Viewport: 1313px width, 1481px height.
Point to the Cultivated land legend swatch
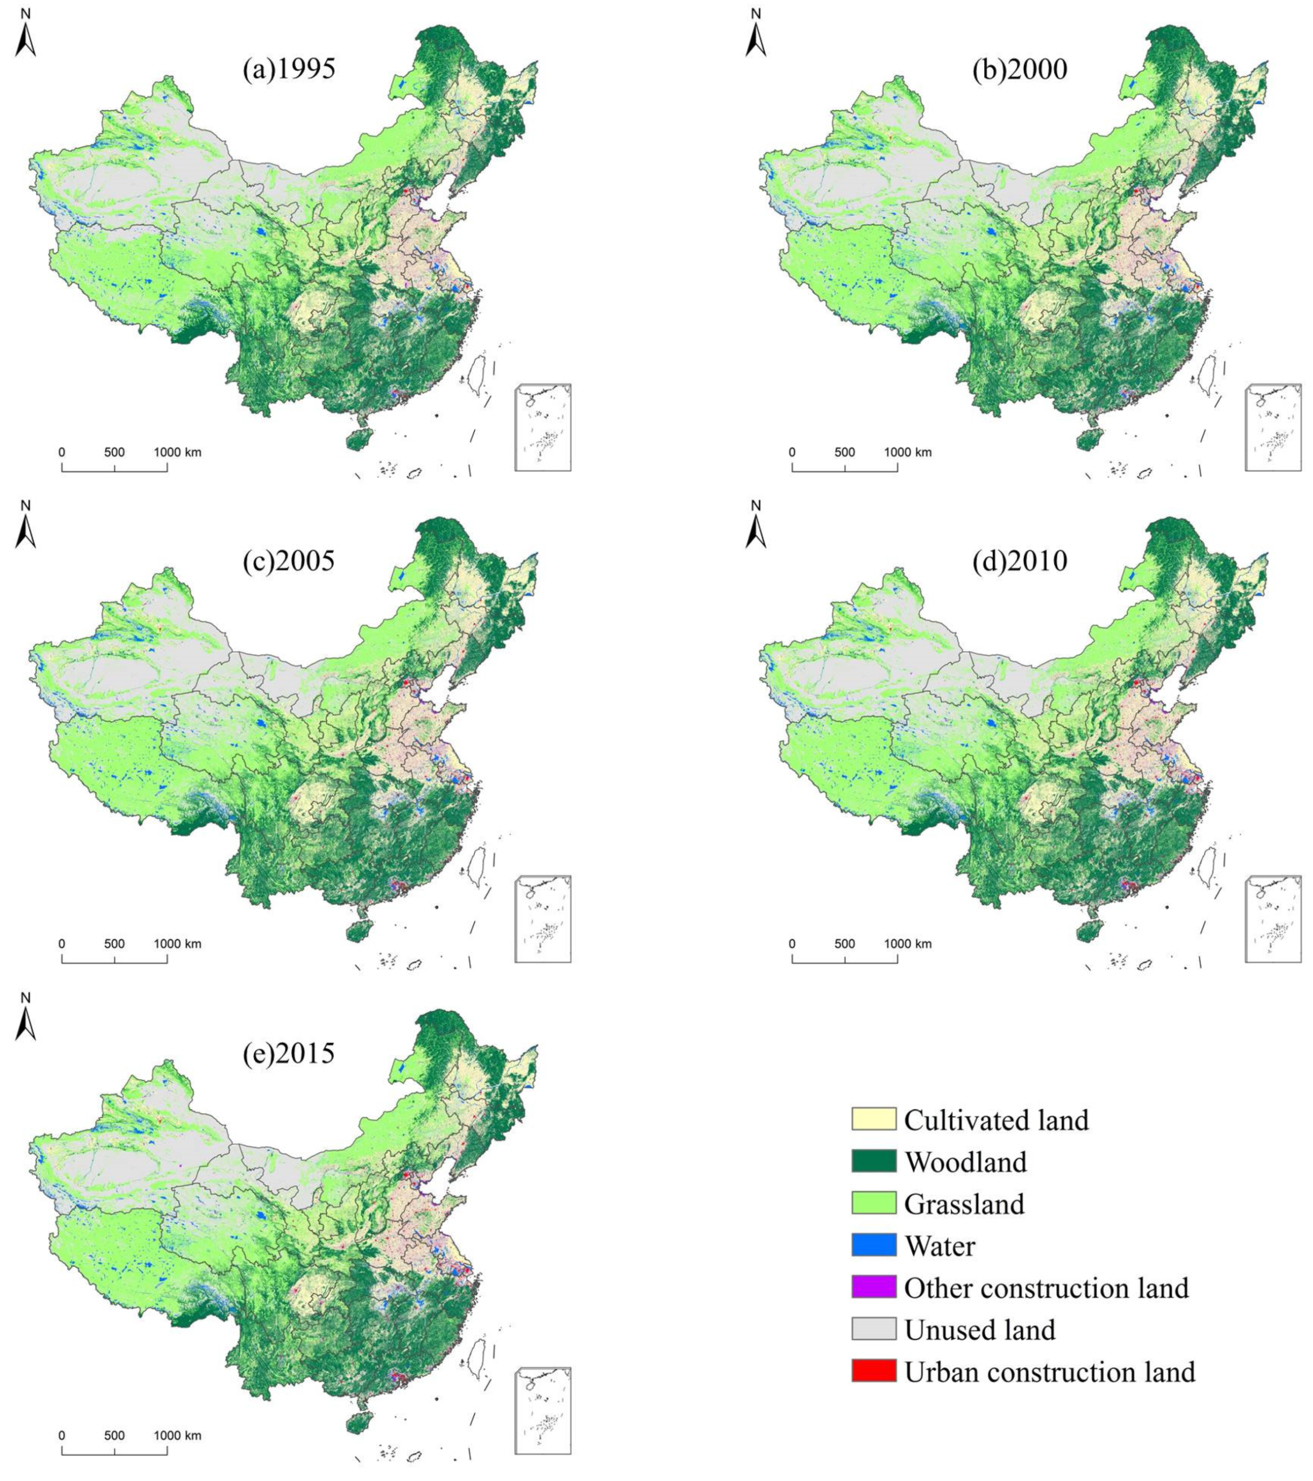(x=873, y=1120)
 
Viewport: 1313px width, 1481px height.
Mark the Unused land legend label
(x=980, y=1329)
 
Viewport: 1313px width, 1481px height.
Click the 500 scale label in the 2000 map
(x=844, y=452)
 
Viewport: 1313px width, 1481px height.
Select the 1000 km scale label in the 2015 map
(x=177, y=1436)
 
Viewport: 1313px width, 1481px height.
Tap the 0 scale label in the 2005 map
(x=62, y=944)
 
